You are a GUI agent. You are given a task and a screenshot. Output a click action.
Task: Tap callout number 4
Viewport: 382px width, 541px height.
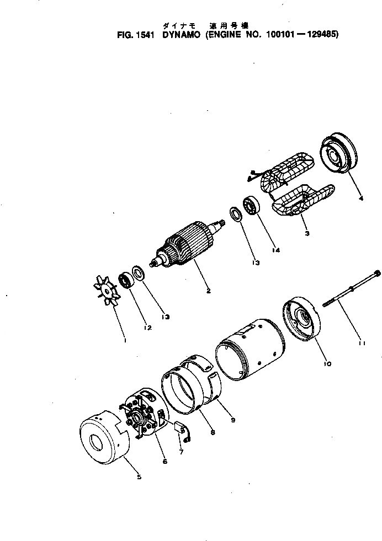coord(360,199)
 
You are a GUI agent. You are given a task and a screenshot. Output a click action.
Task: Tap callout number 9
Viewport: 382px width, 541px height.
coord(233,420)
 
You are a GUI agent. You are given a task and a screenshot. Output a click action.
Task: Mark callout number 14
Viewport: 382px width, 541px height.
coord(276,250)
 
